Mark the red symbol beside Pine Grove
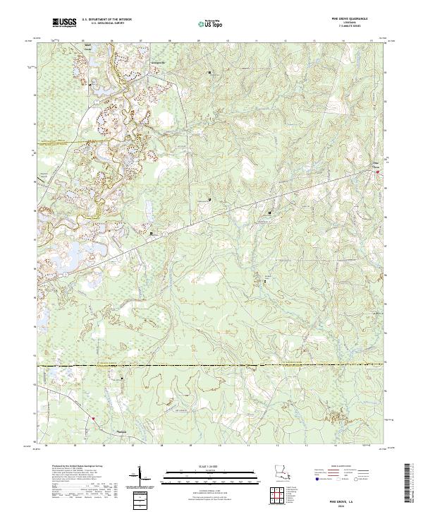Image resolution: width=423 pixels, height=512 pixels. (x=377, y=171)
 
